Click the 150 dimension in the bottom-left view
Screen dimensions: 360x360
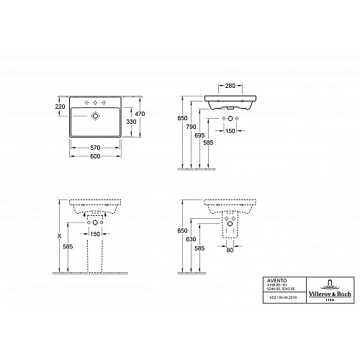pos(94,234)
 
